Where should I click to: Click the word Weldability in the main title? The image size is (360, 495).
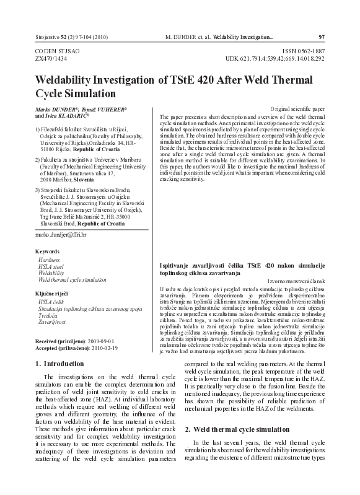(x=67, y=81)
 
